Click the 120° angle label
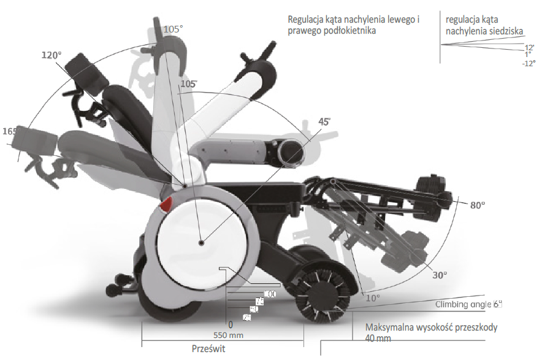[x=52, y=55]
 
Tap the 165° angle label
[x=9, y=131]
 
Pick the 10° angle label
[x=373, y=298]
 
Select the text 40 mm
[x=378, y=339]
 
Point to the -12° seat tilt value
[x=529, y=64]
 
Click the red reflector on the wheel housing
[x=167, y=205]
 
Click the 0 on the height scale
[x=231, y=324]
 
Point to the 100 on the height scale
[x=270, y=294]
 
